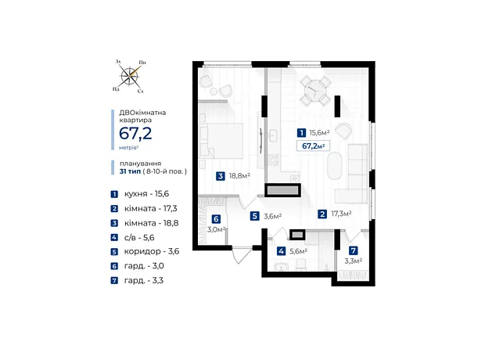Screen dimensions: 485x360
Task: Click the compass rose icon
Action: tap(130, 76)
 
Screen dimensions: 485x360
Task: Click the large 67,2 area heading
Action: tap(135, 134)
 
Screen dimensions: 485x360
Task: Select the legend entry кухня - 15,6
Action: tap(140, 194)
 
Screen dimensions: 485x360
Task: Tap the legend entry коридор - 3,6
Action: tap(145, 251)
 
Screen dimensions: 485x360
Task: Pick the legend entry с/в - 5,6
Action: tap(133, 237)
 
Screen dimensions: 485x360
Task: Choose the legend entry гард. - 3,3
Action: tap(137, 280)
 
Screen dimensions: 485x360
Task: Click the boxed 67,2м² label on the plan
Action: tap(313, 146)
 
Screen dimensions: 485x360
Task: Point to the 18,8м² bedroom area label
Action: tap(239, 176)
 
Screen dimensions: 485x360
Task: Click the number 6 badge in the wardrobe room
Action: tap(216, 219)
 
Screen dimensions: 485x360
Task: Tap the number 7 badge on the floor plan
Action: tap(354, 250)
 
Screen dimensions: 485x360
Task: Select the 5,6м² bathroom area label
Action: tap(298, 251)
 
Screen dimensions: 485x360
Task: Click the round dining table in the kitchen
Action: tap(314, 91)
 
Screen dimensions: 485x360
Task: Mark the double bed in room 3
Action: tap(221, 141)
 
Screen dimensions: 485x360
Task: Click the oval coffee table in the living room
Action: tap(335, 166)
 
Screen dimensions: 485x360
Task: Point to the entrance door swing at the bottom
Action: tap(242, 255)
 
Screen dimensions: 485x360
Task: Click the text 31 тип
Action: tap(130, 171)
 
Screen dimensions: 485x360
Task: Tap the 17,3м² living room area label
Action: tap(341, 214)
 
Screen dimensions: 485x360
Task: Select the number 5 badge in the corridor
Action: tap(254, 216)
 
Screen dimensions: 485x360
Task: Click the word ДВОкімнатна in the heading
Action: tap(142, 113)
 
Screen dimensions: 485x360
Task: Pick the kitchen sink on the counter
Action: tap(273, 135)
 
